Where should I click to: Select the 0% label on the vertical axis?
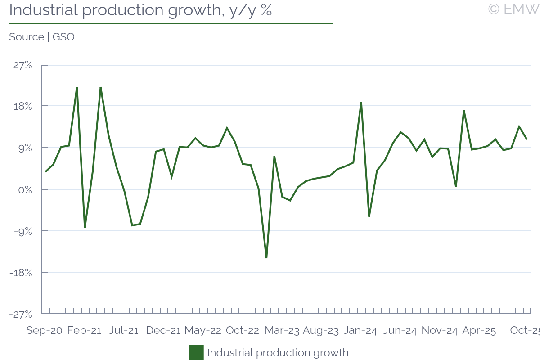pyautogui.click(x=25, y=189)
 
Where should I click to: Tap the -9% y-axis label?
pyautogui.click(x=22, y=231)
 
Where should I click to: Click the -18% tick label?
pyautogui.click(x=21, y=272)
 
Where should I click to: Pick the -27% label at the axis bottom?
pyautogui.click(x=21, y=314)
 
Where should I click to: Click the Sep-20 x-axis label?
pyautogui.click(x=44, y=331)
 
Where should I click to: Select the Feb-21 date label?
pyautogui.click(x=84, y=331)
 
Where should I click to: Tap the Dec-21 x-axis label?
pyautogui.click(x=163, y=331)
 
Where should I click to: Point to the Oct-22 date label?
pyautogui.click(x=243, y=331)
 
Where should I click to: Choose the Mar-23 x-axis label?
pyautogui.click(x=282, y=331)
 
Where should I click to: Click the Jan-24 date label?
pyautogui.click(x=360, y=331)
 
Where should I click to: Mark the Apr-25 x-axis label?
pyautogui.click(x=479, y=331)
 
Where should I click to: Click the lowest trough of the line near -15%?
pyautogui.click(x=266, y=258)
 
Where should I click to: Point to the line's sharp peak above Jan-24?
pyautogui.click(x=361, y=103)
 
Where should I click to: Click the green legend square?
pyautogui.click(x=197, y=352)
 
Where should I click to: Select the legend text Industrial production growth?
pyautogui.click(x=278, y=352)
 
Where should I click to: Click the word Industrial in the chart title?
pyautogui.click(x=42, y=10)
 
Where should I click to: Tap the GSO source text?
pyautogui.click(x=63, y=37)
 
